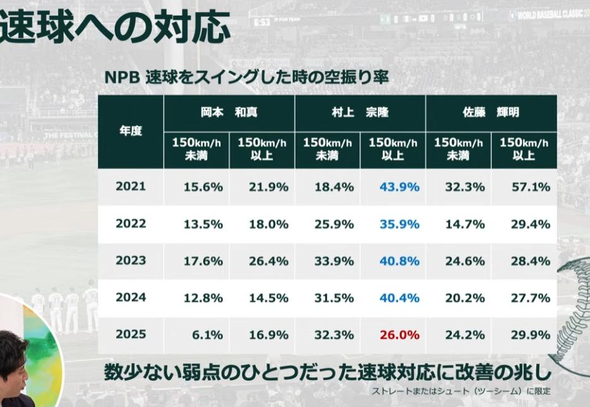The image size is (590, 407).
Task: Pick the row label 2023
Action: (x=131, y=260)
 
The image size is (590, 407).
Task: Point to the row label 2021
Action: (x=131, y=186)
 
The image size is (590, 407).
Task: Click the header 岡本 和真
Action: (x=228, y=113)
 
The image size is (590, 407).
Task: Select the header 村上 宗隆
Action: (x=360, y=113)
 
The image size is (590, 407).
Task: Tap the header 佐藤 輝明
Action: (x=491, y=113)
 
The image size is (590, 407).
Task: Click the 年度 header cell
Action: (x=131, y=132)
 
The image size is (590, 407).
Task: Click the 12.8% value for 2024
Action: (x=202, y=297)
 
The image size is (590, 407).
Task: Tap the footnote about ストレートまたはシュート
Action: (x=461, y=391)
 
